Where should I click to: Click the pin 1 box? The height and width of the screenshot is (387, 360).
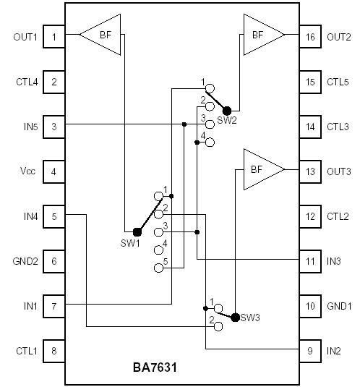coord(53,36)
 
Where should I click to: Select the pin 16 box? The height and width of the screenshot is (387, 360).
coord(309,36)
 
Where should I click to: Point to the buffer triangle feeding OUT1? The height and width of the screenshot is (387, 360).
coord(100,35)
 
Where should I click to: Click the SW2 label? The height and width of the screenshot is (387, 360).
coord(226,120)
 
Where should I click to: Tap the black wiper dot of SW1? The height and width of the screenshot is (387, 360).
coord(137,231)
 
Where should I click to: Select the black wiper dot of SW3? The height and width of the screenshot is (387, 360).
coord(235,316)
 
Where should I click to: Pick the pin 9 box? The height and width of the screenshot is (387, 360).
coord(309,352)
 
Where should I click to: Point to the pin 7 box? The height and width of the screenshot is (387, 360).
coord(53,306)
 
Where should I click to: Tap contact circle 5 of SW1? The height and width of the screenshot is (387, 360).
coord(159,268)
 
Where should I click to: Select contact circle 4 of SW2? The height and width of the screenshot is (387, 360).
coord(210,143)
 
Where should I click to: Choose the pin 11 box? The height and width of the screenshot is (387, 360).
coord(309,260)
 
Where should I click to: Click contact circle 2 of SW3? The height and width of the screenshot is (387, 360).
coord(217,326)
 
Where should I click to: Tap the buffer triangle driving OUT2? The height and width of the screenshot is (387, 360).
coord(262,35)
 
